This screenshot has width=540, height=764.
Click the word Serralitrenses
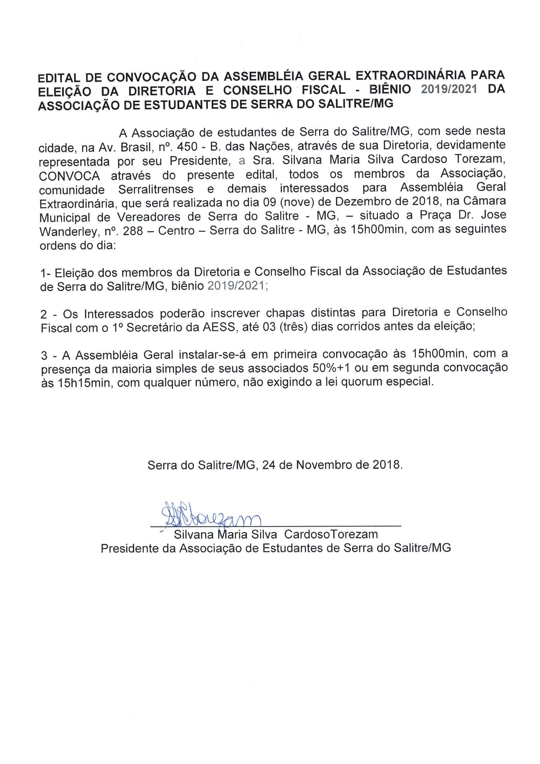[156, 189]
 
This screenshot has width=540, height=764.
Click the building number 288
[133, 231]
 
